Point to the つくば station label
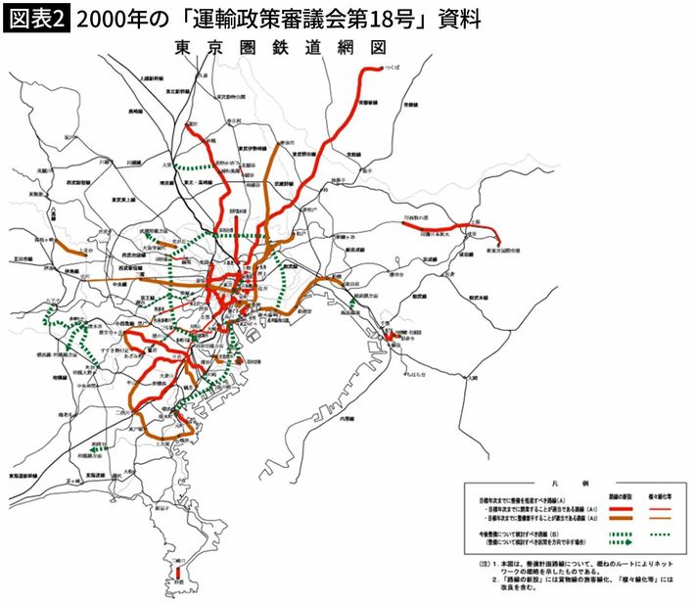[393, 70]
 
